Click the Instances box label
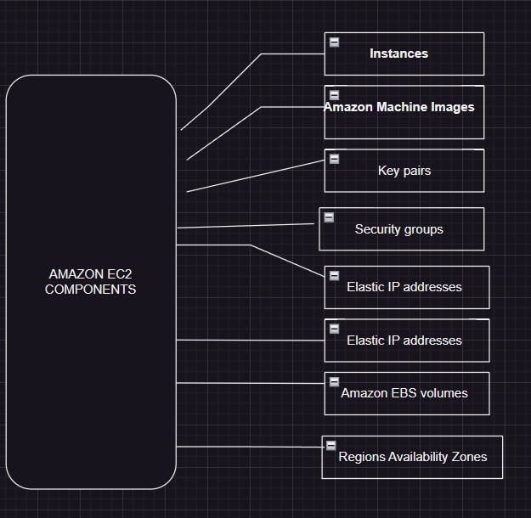[x=398, y=53]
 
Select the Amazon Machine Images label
[x=399, y=107]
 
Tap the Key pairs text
[x=404, y=171]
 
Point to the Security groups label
[x=399, y=229]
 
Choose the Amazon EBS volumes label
[x=404, y=393]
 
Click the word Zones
[x=469, y=457]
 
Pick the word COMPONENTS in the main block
[x=90, y=289]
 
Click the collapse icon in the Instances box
[x=335, y=42]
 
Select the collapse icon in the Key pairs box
[x=335, y=159]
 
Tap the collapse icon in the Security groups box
[x=329, y=217]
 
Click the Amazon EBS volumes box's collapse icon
[x=335, y=381]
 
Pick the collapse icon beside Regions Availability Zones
[x=331, y=445]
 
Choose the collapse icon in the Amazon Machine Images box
[x=335, y=95]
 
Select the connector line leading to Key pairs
[x=255, y=175]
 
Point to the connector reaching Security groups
[x=246, y=226]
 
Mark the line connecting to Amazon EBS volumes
[x=251, y=383]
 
